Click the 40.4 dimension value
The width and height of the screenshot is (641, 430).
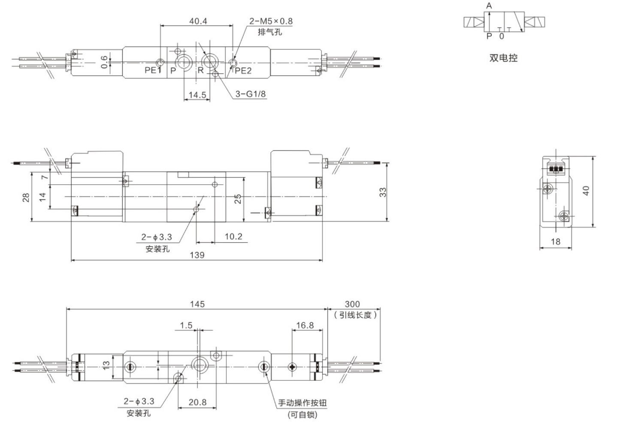click(198, 21)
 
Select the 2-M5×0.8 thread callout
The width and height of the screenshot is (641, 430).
click(271, 21)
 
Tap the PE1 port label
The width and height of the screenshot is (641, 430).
click(152, 70)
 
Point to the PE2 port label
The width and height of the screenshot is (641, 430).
click(243, 71)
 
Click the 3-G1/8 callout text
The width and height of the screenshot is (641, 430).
click(251, 93)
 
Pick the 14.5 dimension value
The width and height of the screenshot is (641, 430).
click(197, 95)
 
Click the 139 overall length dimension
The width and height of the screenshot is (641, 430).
click(197, 255)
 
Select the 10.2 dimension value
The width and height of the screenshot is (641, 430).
click(233, 237)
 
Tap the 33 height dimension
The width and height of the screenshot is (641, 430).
click(383, 192)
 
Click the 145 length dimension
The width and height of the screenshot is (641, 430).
click(197, 304)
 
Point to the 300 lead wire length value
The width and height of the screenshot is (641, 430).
click(352, 304)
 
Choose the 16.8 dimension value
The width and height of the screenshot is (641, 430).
click(305, 325)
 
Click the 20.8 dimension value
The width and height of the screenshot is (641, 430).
click(197, 402)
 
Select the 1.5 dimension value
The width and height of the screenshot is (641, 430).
click(186, 325)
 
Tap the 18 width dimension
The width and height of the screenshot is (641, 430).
click(556, 242)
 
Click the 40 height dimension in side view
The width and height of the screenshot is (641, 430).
click(586, 190)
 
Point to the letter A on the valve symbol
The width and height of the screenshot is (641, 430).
click(489, 6)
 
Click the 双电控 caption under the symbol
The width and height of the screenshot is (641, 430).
click(503, 58)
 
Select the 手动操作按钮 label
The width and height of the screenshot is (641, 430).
click(302, 403)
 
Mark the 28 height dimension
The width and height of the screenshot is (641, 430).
click(26, 197)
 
